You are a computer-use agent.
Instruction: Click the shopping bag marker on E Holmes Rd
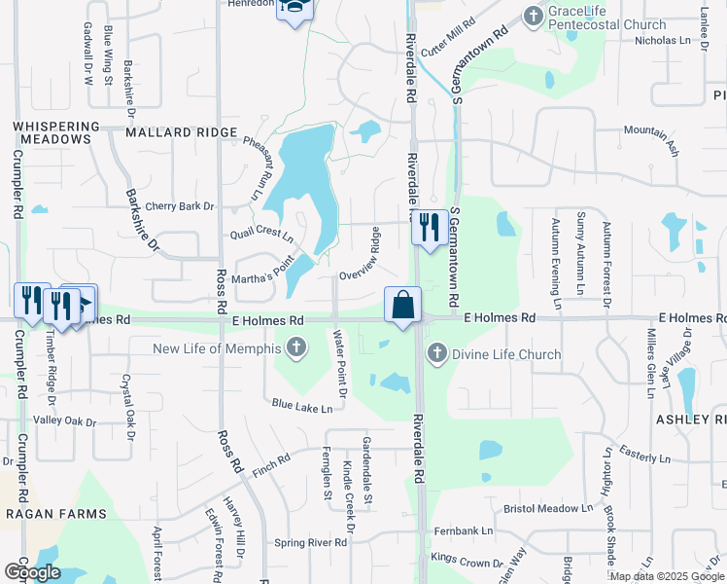[402, 305]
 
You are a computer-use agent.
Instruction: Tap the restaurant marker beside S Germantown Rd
[430, 228]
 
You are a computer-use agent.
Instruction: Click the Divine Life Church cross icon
[436, 353]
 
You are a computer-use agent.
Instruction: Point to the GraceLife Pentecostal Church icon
[533, 16]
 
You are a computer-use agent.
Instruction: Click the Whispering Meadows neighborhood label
[57, 132]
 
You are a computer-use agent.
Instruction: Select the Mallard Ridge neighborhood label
[181, 131]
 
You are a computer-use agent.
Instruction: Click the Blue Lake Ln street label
[302, 405]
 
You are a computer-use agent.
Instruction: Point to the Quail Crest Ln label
[261, 235]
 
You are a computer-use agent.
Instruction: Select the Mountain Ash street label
[651, 137]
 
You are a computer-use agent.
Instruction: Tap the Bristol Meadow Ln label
[547, 508]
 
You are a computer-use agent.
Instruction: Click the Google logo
[32, 572]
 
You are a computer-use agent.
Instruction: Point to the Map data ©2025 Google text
[667, 575]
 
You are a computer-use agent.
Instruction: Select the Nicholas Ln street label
[668, 41]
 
